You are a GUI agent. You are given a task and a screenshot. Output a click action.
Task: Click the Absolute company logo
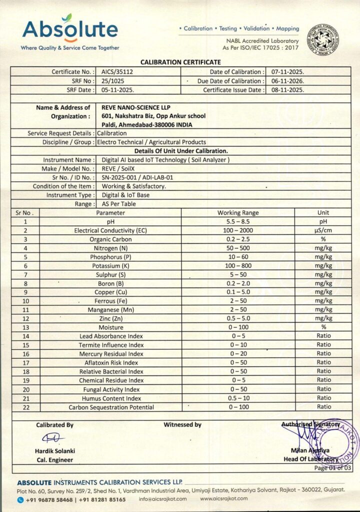[70, 31]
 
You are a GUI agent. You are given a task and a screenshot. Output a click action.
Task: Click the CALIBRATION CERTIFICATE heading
[180, 62]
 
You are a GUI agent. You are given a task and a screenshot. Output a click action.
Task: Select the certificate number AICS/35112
[113, 72]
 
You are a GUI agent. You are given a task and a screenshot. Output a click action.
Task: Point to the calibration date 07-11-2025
[284, 72]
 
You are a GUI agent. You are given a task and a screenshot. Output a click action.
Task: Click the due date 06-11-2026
[284, 81]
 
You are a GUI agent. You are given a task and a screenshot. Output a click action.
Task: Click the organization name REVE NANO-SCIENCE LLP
[133, 107]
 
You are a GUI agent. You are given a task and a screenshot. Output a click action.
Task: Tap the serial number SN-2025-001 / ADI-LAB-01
[137, 177]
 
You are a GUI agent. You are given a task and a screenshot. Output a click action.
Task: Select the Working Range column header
[238, 213]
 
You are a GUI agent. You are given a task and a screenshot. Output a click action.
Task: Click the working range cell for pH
[238, 221]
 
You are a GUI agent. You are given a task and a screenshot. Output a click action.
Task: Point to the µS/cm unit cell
[323, 230]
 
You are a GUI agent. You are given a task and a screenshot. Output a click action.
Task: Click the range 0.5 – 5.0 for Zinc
[238, 318]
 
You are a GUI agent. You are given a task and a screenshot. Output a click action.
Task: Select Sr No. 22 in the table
[25, 407]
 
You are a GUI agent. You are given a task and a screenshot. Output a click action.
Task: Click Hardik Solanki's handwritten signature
[53, 438]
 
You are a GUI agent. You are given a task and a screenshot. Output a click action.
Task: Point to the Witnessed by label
[182, 425]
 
